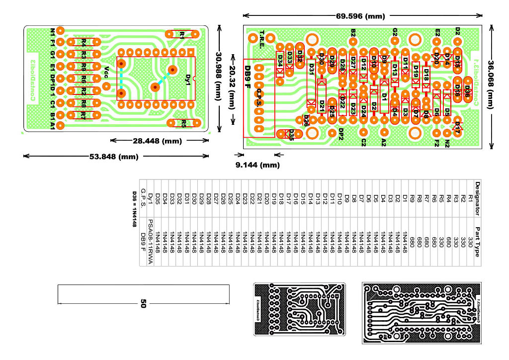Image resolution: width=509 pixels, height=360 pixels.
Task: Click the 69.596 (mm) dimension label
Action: pyautogui.click(x=360, y=16)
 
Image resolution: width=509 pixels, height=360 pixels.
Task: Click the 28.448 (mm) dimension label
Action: pyautogui.click(x=159, y=141)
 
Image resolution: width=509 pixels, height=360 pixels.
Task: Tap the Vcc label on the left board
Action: pyautogui.click(x=105, y=73)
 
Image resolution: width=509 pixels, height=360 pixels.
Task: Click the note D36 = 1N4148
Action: pyautogui.click(x=134, y=209)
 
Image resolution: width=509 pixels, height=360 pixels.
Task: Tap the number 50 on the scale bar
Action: pyautogui.click(x=143, y=303)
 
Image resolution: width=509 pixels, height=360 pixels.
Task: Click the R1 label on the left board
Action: pyautogui.click(x=182, y=35)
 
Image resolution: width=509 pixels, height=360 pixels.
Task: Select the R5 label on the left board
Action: pyautogui.click(x=183, y=123)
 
